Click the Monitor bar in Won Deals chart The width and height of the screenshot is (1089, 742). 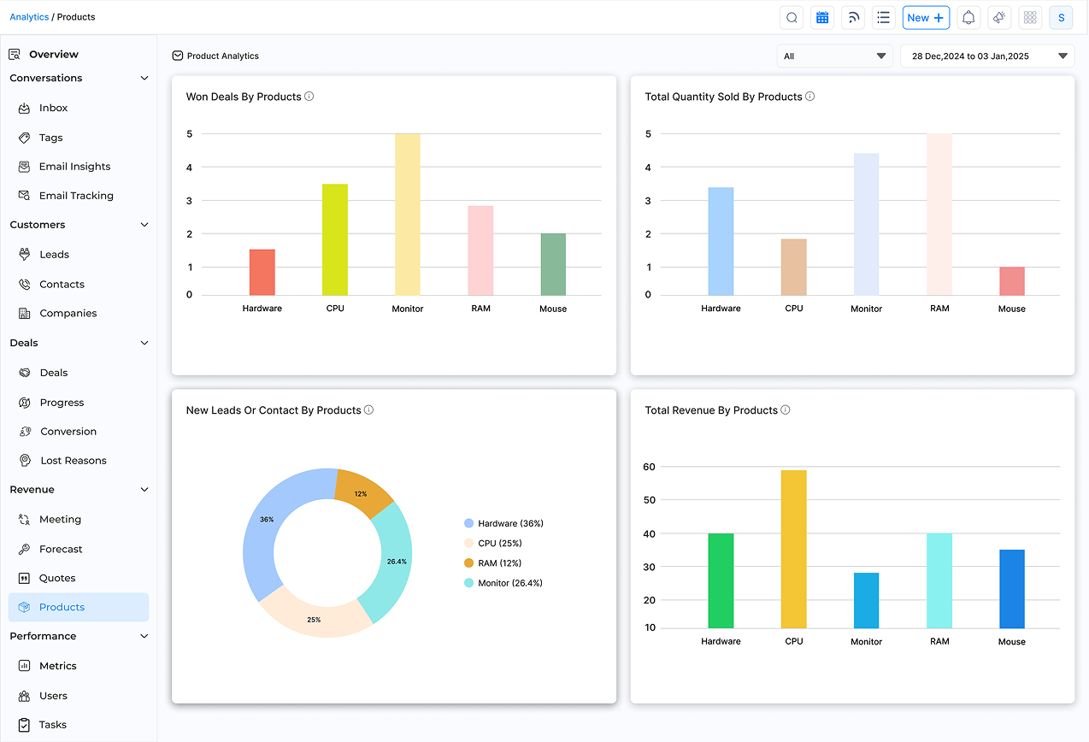[x=407, y=215]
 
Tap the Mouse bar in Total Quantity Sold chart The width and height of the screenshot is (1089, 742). [x=1011, y=281]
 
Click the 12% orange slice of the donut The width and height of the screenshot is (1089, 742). [x=362, y=494]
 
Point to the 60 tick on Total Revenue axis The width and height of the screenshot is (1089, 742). [x=650, y=467]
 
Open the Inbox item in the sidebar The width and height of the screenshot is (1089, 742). [x=53, y=108]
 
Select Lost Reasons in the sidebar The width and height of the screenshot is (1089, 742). [x=73, y=461]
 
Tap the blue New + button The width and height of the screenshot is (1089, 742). [x=926, y=18]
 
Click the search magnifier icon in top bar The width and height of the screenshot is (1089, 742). [x=792, y=18]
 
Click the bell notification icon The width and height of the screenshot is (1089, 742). [x=968, y=18]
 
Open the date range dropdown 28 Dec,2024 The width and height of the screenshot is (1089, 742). [x=987, y=56]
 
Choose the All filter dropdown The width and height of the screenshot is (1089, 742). [x=834, y=56]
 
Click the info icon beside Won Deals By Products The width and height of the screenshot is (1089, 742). [x=309, y=97]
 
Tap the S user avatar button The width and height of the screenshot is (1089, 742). [x=1061, y=18]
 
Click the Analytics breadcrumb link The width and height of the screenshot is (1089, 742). [x=29, y=17]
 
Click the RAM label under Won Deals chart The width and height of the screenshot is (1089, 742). [x=480, y=309]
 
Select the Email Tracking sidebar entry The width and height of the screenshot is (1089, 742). [x=75, y=196]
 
